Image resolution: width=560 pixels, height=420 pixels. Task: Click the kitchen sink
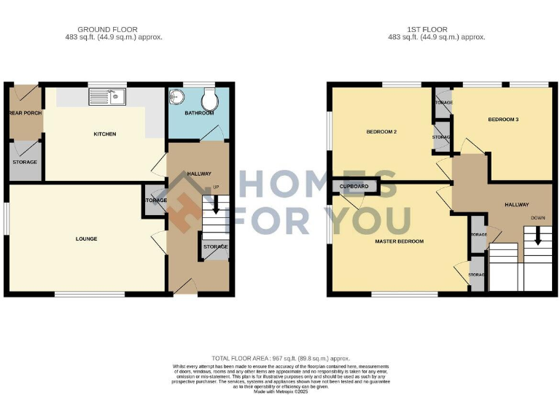tap(108, 96)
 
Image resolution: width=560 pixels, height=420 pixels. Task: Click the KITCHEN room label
tap(104, 134)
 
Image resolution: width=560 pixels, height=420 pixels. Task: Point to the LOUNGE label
tap(86, 238)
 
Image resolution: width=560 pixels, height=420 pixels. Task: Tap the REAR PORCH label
tap(24, 114)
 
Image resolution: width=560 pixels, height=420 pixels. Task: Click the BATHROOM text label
tap(198, 114)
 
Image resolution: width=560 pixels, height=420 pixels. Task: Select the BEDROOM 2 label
tap(381, 132)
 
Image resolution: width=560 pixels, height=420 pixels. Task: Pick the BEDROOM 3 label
tap(503, 118)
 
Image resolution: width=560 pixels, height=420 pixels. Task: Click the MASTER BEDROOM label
tap(399, 241)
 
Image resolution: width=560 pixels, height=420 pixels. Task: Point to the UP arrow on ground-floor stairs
tap(215, 205)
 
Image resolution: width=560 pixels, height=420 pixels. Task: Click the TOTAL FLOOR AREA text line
tap(280, 358)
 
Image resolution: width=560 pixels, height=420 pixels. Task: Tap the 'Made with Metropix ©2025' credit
tap(280, 392)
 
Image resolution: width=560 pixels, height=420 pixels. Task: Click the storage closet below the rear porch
tap(24, 162)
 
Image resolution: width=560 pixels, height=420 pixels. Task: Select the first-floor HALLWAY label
tap(516, 205)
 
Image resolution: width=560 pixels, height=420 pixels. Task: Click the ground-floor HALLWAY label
tap(199, 174)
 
